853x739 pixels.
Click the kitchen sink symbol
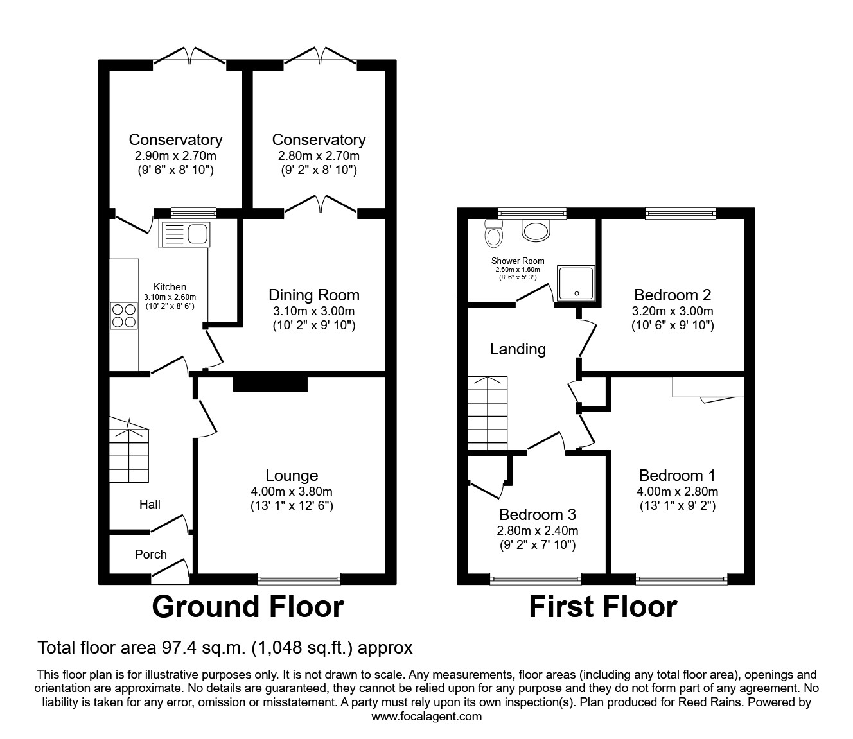[184, 234]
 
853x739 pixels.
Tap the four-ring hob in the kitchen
[123, 315]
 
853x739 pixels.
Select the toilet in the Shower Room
[494, 234]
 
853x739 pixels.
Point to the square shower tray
[576, 283]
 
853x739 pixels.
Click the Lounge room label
[292, 475]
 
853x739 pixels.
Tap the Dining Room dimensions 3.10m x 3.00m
[313, 311]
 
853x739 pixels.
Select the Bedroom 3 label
[537, 514]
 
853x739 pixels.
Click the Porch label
[150, 554]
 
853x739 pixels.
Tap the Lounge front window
[299, 578]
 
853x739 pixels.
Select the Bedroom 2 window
[680, 214]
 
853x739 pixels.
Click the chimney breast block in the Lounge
[270, 383]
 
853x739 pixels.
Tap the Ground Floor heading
[247, 607]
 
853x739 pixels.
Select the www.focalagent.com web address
[426, 717]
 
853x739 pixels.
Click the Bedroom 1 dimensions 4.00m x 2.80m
[678, 491]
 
